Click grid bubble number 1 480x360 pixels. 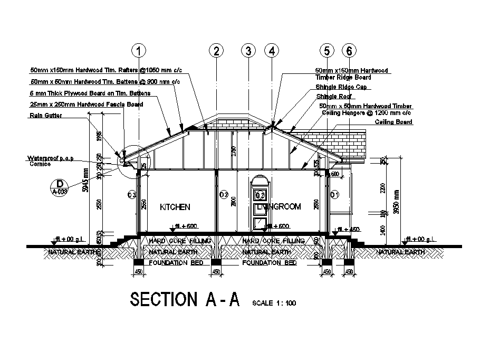coord(138,51)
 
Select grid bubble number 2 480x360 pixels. coord(216,51)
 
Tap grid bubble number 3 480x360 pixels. coord(248,51)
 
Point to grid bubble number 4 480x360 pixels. coord(272,51)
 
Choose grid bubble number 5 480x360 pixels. coord(327,51)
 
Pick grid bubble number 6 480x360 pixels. coord(349,51)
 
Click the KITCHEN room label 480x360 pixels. coord(175,207)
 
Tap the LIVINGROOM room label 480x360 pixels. coord(279,207)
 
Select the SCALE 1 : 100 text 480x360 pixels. coord(275,303)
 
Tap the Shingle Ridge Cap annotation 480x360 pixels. coord(341,87)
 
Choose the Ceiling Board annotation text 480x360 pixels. coord(393,122)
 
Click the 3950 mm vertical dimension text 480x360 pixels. coord(396,201)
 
